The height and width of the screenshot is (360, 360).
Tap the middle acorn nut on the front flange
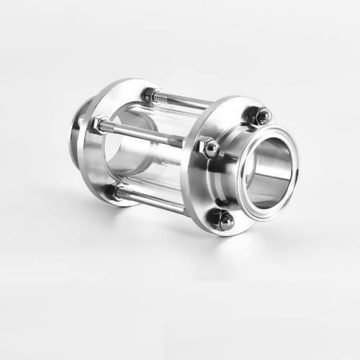click(210, 148)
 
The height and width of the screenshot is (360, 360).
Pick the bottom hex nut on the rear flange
click(115, 192)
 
